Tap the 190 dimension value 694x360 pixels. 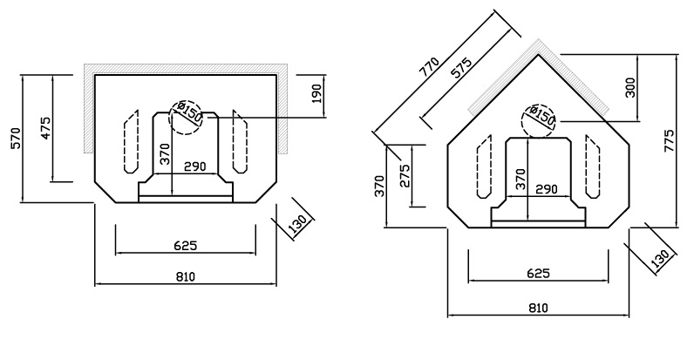pyautogui.click(x=316, y=93)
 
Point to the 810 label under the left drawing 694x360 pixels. pyautogui.click(x=185, y=276)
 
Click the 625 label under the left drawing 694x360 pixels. pyautogui.click(x=185, y=245)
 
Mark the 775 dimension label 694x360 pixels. pyautogui.click(x=669, y=140)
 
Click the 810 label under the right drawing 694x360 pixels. pyautogui.click(x=538, y=308)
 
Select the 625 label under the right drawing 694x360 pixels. pyautogui.click(x=538, y=273)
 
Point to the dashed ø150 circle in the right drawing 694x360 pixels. pyautogui.click(x=541, y=118)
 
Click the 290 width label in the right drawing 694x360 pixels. pyautogui.click(x=547, y=188)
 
